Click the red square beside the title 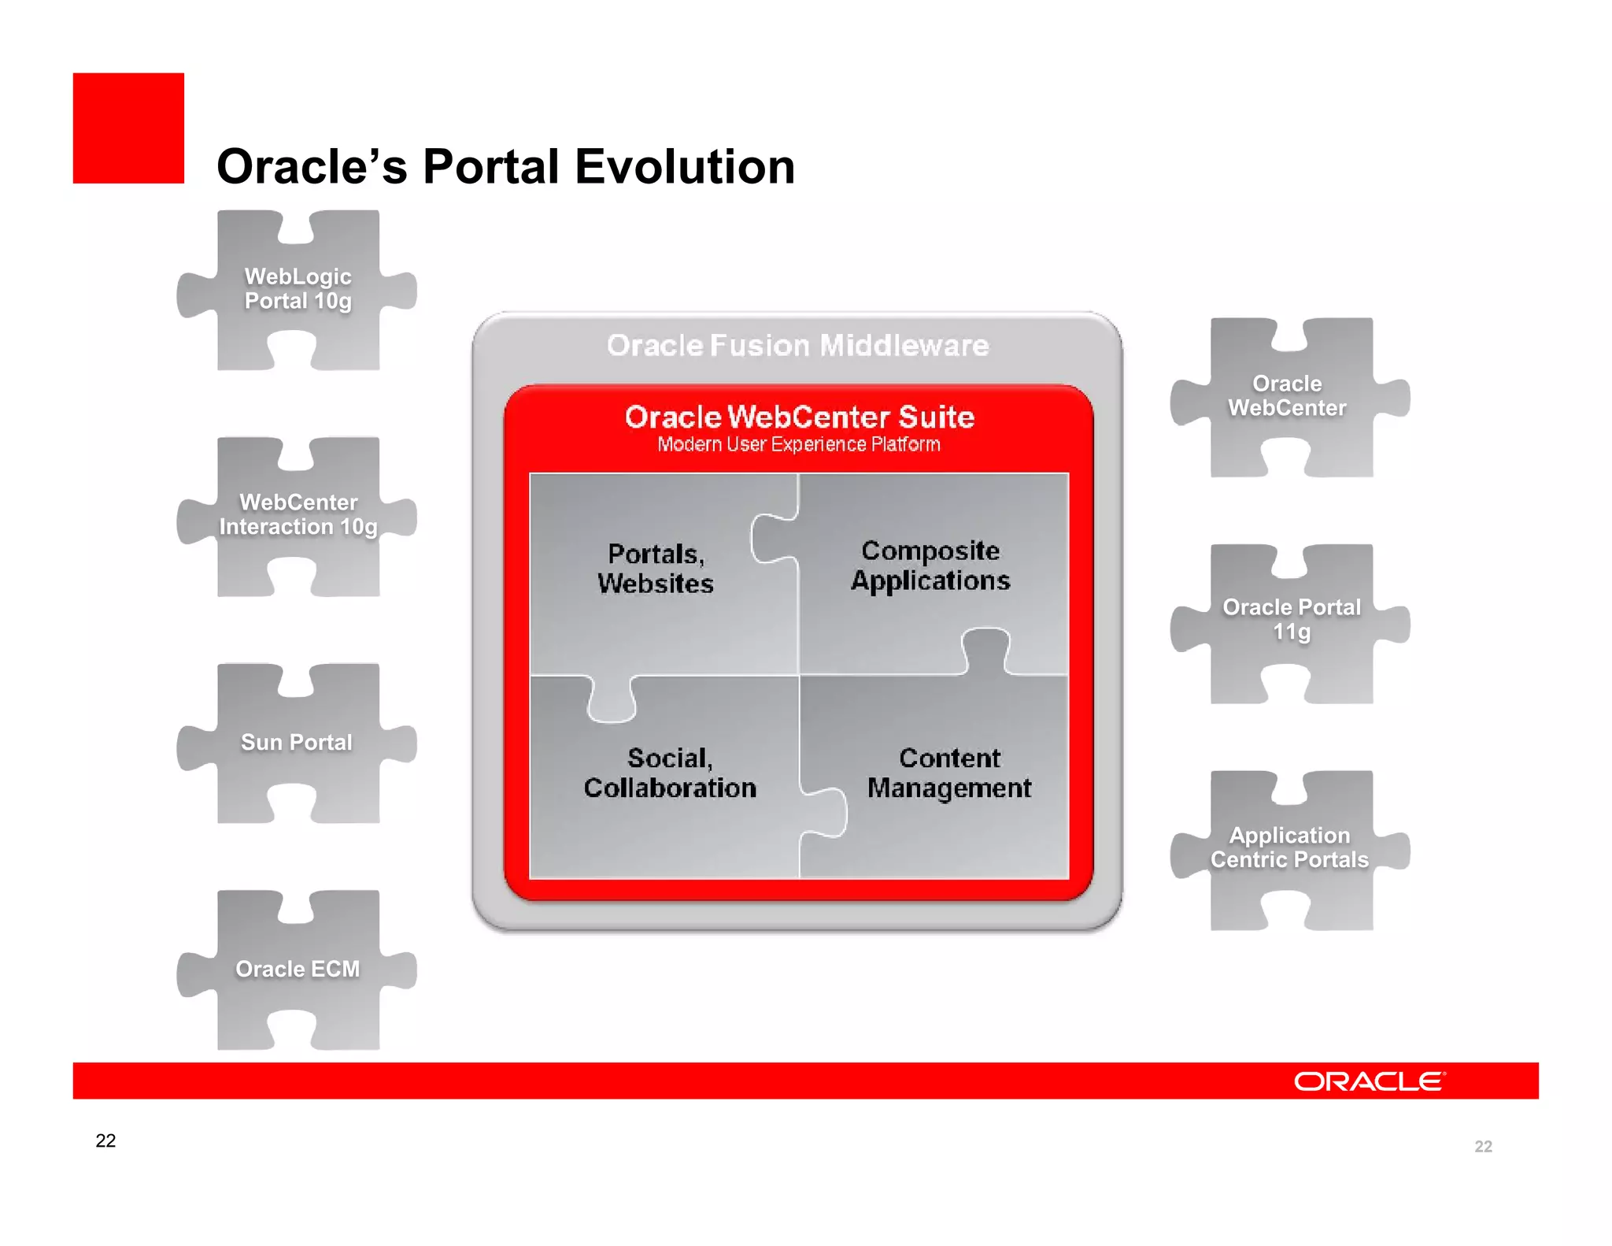tap(128, 128)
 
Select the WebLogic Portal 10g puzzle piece tap(298, 289)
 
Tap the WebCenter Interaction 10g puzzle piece tap(298, 515)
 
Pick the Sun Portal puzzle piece tap(296, 743)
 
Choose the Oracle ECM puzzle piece tap(298, 969)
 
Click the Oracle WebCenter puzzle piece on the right tap(1288, 396)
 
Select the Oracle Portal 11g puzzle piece tap(1291, 620)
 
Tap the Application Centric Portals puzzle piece tap(1289, 847)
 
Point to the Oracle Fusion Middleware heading tap(797, 346)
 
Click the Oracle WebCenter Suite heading tap(799, 417)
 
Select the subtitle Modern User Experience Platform tap(799, 445)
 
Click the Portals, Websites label tap(656, 569)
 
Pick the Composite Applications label tap(930, 566)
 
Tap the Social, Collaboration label tap(670, 773)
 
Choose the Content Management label tap(949, 773)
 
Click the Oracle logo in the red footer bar tap(1369, 1081)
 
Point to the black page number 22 tap(105, 1140)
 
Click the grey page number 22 tap(1483, 1147)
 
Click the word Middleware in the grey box tap(904, 346)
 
